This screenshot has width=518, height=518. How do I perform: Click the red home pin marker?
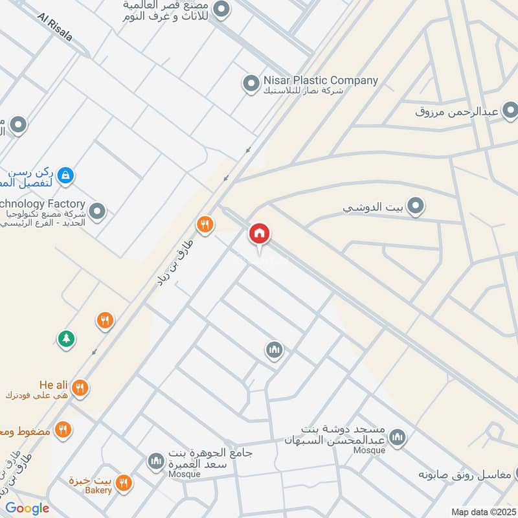(260, 234)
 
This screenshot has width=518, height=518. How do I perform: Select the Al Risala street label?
(55, 27)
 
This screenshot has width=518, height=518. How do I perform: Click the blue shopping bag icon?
(65, 175)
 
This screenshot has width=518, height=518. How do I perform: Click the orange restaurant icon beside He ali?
(80, 388)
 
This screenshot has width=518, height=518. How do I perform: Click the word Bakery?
(97, 490)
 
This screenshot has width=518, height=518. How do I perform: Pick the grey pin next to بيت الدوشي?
(416, 207)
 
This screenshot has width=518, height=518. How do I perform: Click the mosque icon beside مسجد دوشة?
(398, 438)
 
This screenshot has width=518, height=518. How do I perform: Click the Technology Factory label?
(42, 204)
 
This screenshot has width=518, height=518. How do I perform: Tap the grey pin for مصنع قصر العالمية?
(221, 10)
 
